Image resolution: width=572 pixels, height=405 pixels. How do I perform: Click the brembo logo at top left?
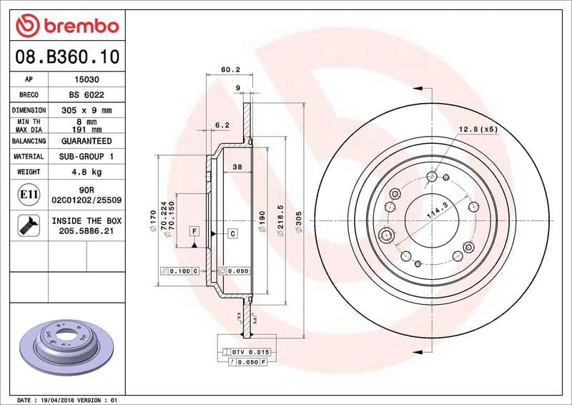pyautogui.click(x=66, y=26)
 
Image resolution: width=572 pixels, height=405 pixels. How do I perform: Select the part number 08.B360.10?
pyautogui.click(x=66, y=55)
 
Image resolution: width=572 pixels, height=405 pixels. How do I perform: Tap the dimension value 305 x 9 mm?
pyautogui.click(x=87, y=110)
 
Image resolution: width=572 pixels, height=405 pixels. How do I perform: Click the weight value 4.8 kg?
pyautogui.click(x=87, y=172)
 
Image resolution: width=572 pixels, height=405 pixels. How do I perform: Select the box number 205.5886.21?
pyautogui.click(x=87, y=232)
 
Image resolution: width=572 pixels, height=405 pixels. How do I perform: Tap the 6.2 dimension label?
pyautogui.click(x=222, y=125)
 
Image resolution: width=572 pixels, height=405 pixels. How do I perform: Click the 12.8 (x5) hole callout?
pyautogui.click(x=477, y=130)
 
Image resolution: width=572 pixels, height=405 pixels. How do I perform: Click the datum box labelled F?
pyautogui.click(x=194, y=230)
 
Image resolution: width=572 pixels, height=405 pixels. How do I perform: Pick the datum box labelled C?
pyautogui.click(x=233, y=234)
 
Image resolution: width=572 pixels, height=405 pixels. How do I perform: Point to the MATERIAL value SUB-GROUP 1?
pyautogui.click(x=87, y=156)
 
